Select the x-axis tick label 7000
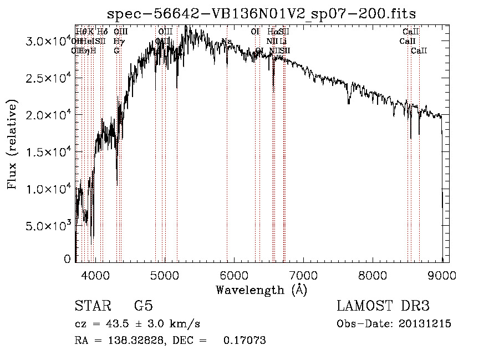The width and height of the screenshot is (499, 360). coord(303,275)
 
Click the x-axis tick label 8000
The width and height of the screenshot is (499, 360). coord(373,275)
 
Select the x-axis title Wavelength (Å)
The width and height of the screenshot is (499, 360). coord(261,290)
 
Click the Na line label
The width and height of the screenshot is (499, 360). coord(227,42)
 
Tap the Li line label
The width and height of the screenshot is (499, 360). coord(283,41)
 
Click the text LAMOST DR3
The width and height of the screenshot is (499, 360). coord(383,306)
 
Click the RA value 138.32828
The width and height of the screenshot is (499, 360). coord(135,340)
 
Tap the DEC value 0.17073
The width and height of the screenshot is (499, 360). coord(244,340)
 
